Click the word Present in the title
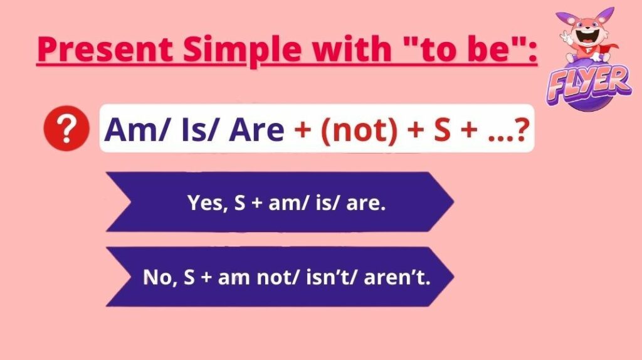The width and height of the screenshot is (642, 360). (x=105, y=49)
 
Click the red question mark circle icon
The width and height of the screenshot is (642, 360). (x=66, y=128)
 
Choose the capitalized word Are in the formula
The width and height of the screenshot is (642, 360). (x=256, y=130)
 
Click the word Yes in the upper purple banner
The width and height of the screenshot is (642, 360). (x=205, y=203)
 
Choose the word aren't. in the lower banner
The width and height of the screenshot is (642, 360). (x=397, y=277)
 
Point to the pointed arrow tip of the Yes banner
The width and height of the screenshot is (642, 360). (x=454, y=201)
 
